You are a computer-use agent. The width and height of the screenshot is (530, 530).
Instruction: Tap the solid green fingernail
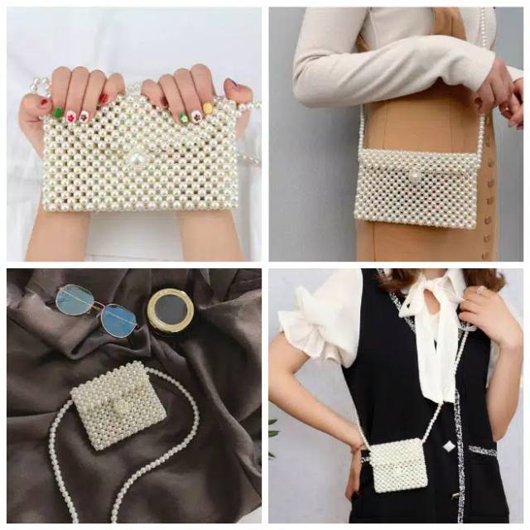click(58, 113)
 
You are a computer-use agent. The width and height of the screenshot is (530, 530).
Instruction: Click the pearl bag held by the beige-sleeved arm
click(417, 188)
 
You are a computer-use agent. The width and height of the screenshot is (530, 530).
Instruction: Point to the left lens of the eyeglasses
click(74, 300)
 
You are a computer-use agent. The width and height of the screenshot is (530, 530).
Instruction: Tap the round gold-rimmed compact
click(170, 310)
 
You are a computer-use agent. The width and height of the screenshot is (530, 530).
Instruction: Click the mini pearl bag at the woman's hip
click(397, 465)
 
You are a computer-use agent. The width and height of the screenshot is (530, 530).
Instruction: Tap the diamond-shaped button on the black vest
click(449, 446)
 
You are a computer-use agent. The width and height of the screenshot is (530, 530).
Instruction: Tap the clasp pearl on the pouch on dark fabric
click(122, 407)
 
